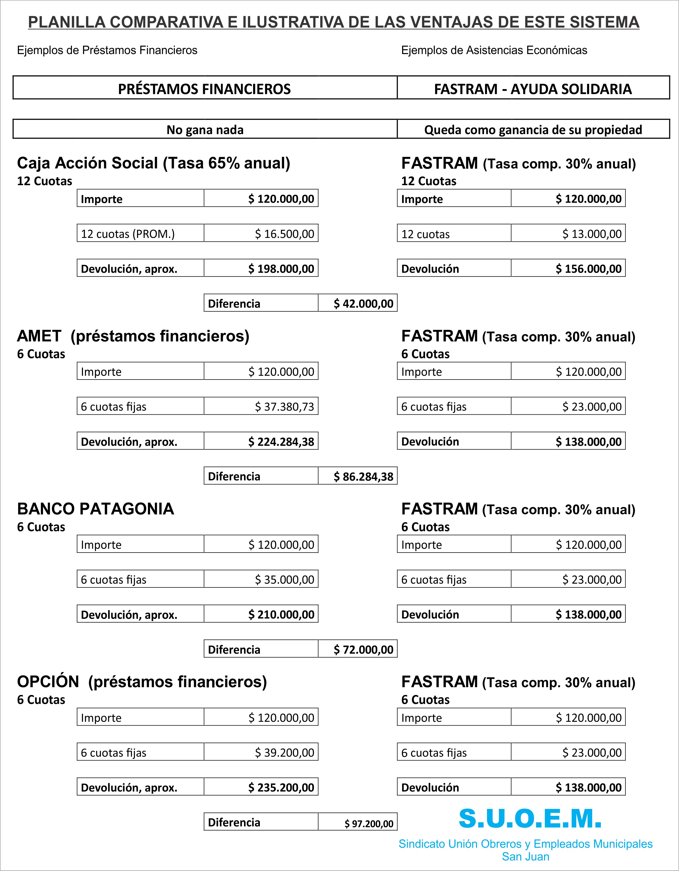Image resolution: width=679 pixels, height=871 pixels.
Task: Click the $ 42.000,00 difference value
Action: [363, 304]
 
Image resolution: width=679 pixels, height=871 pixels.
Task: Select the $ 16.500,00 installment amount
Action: [284, 234]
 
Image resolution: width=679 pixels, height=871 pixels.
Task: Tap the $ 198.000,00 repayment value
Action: [281, 269]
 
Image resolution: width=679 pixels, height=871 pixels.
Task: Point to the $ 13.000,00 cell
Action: [592, 234]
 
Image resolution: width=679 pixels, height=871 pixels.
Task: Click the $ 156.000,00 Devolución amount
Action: [588, 269]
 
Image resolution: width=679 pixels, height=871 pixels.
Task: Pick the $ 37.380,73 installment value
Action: [284, 406]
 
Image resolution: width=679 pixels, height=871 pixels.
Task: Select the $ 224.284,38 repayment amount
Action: [281, 441]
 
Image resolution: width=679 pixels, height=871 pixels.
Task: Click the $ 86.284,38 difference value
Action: [363, 476]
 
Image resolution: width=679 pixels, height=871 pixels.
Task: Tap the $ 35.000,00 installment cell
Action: [284, 580]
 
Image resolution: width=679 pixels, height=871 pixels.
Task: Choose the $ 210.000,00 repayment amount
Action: [281, 614]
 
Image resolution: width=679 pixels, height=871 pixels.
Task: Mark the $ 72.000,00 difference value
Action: [363, 649]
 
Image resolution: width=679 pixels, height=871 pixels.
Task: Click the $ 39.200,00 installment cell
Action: [284, 753]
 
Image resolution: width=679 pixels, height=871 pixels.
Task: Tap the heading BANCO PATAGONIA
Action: [96, 509]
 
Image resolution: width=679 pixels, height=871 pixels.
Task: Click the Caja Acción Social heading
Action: [153, 163]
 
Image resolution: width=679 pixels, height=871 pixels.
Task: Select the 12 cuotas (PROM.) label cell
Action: [140, 234]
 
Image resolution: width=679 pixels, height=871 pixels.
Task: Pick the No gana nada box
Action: [205, 129]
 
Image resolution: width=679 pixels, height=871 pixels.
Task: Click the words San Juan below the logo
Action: [525, 856]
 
